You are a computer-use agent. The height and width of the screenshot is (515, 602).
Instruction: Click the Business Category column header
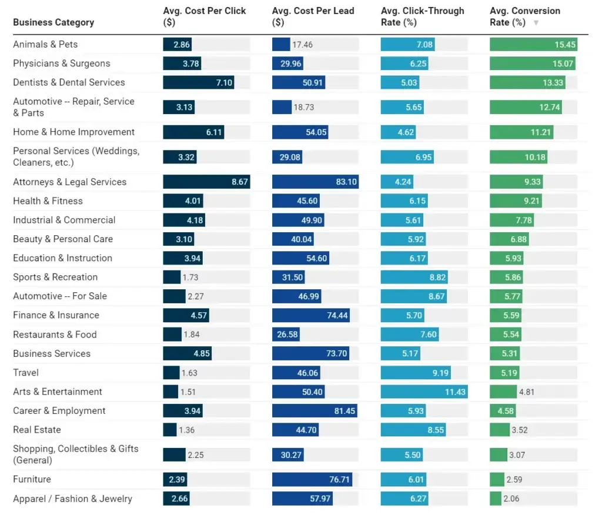click(x=53, y=22)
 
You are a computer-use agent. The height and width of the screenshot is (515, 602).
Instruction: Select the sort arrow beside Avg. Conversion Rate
click(x=536, y=23)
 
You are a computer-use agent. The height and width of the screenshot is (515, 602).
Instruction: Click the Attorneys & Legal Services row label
click(x=69, y=182)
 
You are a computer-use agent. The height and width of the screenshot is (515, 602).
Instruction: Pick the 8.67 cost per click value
click(x=239, y=182)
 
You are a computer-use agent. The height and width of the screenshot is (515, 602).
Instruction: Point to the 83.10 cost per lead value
click(x=346, y=182)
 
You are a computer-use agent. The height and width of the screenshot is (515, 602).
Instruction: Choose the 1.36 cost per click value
click(x=186, y=430)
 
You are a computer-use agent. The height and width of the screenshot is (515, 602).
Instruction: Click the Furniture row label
click(x=32, y=480)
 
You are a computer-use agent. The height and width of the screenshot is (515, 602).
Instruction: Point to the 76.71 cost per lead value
click(x=339, y=480)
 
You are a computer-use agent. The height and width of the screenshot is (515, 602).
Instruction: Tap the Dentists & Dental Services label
click(x=69, y=82)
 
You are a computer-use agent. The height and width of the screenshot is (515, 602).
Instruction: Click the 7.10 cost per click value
click(x=224, y=83)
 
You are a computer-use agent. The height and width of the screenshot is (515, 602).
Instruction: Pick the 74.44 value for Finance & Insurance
click(x=337, y=316)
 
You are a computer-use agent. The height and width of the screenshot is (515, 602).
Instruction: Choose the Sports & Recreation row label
click(x=55, y=277)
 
